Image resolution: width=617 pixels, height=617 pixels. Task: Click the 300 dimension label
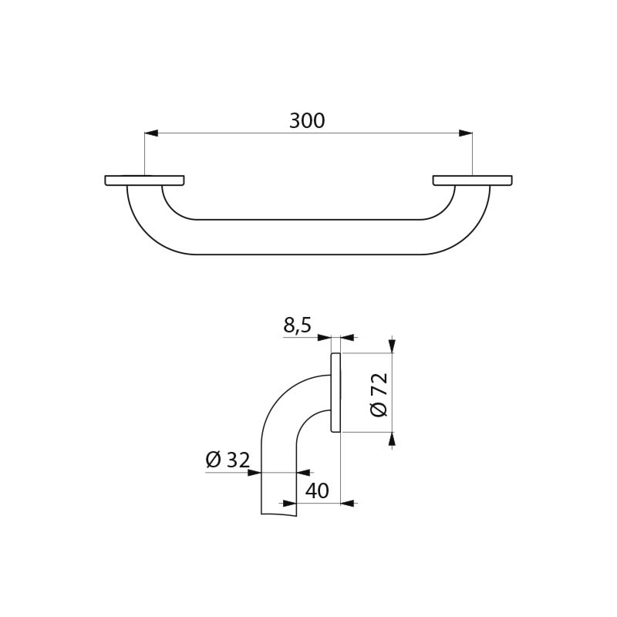pyautogui.click(x=307, y=121)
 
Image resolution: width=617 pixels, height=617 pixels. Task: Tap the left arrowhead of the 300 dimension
pyautogui.click(x=151, y=133)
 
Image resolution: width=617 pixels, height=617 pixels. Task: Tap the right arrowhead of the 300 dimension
pyautogui.click(x=466, y=133)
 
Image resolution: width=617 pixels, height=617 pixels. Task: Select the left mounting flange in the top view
pyautogui.click(x=145, y=180)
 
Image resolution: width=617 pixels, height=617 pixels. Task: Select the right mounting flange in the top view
pyautogui.click(x=472, y=180)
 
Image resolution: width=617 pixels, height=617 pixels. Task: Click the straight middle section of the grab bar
pyautogui.click(x=308, y=237)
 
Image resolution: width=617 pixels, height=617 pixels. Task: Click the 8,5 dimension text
pyautogui.click(x=297, y=326)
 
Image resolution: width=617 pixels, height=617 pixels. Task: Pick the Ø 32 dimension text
pyautogui.click(x=228, y=460)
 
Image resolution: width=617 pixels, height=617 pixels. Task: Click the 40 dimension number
pyautogui.click(x=316, y=491)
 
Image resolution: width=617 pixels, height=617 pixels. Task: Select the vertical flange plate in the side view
pyautogui.click(x=335, y=393)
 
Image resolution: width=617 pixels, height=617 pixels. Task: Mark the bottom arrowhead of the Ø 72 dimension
pyautogui.click(x=392, y=440)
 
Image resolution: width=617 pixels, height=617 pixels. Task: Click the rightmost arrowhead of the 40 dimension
pyautogui.click(x=348, y=504)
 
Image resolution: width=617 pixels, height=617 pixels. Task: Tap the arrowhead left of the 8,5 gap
pyautogui.click(x=324, y=337)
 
